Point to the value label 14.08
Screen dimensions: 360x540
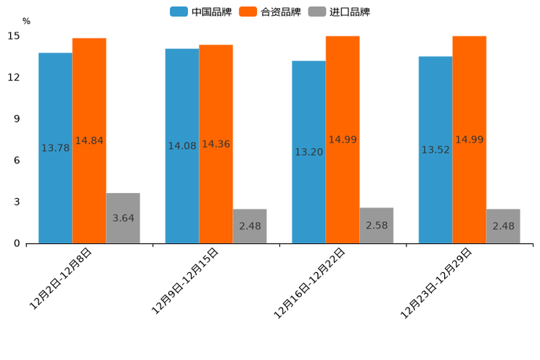[182, 146]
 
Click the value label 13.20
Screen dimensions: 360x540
[308, 152]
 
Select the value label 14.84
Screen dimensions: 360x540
[89, 141]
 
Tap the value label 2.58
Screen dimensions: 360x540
[376, 225]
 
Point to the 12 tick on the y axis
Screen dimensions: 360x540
[15, 78]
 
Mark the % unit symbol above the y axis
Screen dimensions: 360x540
[26, 22]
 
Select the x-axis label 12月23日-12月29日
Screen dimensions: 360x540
[436, 283]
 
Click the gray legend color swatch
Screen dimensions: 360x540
[316, 12]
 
